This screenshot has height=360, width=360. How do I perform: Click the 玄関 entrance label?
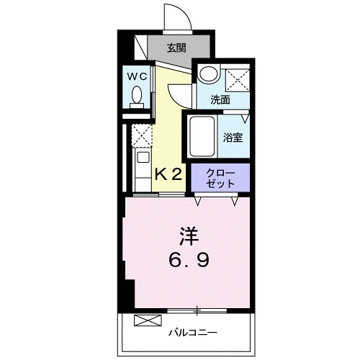click(x=177, y=48)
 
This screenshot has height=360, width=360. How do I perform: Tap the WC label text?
click(x=138, y=75)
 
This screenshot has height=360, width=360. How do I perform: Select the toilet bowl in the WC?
click(x=138, y=96)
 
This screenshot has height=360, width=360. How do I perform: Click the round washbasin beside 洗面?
click(x=208, y=75)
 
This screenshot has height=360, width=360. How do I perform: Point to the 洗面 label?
click(x=220, y=100)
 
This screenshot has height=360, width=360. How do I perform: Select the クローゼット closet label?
click(x=220, y=178)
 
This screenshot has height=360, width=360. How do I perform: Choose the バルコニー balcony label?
click(x=193, y=332)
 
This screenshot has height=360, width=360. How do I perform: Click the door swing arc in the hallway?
click(x=179, y=94)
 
